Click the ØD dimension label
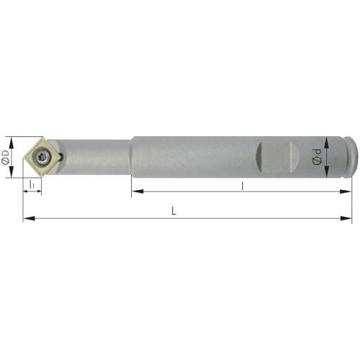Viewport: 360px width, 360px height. click(5, 158)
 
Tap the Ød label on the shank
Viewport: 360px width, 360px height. click(317, 157)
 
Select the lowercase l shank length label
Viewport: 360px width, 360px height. click(243, 186)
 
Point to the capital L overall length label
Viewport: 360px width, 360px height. click(174, 211)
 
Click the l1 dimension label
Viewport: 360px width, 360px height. click(32, 184)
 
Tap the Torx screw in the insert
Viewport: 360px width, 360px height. click(43, 158)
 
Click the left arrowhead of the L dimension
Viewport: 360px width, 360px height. click(29, 218)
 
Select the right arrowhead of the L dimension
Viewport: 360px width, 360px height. click(346, 218)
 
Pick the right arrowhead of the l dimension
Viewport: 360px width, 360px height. click(346, 192)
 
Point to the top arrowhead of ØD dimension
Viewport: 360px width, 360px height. click(11, 142)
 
